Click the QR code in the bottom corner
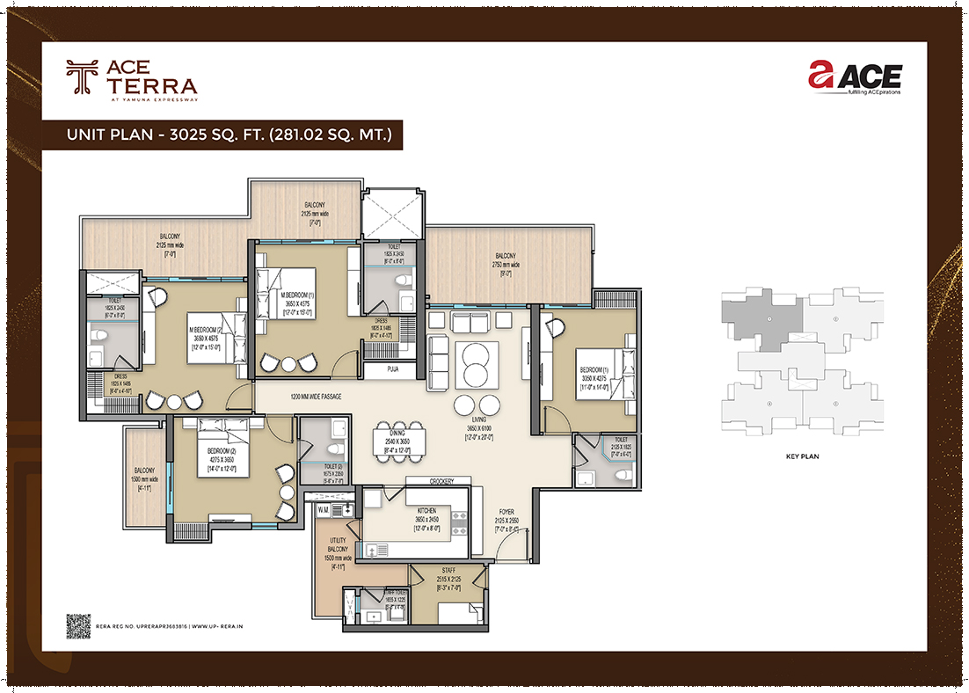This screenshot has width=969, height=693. pyautogui.click(x=78, y=624)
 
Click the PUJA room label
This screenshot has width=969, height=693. pyautogui.click(x=392, y=370)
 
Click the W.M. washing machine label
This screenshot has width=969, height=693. pyautogui.click(x=322, y=509)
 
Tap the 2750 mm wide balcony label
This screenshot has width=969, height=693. pyautogui.click(x=506, y=260)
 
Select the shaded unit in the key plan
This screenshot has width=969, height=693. pyautogui.click(x=761, y=317)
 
